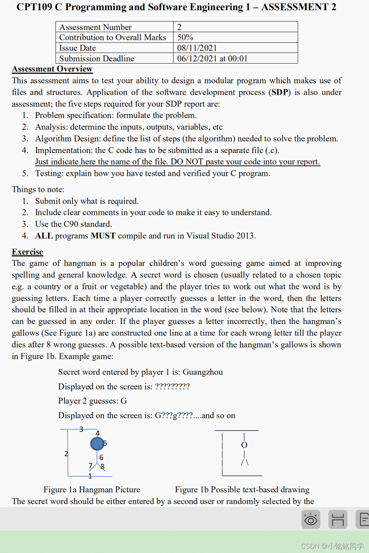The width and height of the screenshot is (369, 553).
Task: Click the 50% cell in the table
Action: coord(185,37)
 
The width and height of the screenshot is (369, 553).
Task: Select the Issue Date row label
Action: coord(77,48)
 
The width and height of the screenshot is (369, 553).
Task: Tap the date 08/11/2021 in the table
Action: coord(197,48)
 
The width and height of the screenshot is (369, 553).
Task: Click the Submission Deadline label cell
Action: coord(97,58)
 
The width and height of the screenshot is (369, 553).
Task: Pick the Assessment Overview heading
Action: coord(52,69)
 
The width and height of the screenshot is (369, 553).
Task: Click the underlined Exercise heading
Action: coord(27,252)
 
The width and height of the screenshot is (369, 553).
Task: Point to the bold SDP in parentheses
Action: coord(280,92)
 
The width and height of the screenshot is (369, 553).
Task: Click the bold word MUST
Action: coord(103,236)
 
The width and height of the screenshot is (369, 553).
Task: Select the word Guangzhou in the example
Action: coord(202,372)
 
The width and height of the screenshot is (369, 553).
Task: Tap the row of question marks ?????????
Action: coord(172,386)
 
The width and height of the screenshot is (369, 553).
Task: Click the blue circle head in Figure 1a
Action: coord(97,444)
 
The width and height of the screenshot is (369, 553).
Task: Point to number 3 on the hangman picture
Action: coord(81,429)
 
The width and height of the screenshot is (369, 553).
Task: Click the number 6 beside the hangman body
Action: coord(101,457)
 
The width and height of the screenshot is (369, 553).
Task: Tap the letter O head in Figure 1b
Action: coord(244,445)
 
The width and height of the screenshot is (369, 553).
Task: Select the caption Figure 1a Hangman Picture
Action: coord(92,489)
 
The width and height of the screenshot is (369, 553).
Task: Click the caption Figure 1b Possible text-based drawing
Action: coord(242,489)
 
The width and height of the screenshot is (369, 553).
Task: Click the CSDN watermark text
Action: coord(332,546)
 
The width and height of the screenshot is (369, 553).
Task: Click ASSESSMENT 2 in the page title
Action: coord(298,7)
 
